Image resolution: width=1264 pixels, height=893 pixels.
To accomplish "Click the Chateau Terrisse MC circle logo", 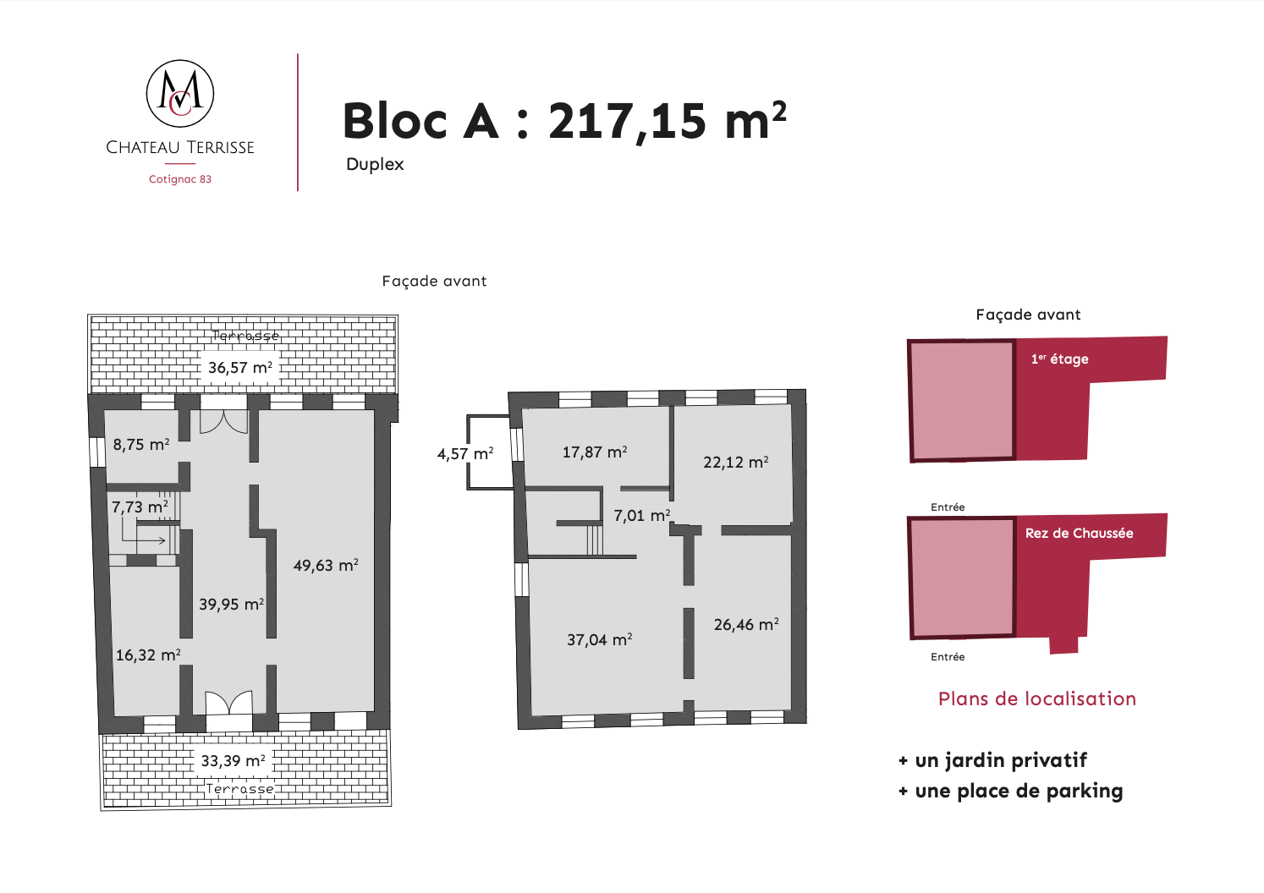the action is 180,93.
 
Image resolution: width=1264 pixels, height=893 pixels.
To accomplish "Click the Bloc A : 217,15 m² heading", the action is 564,121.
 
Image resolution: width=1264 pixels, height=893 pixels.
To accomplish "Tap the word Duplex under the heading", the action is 375,164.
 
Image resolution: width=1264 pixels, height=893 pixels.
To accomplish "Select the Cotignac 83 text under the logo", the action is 180,178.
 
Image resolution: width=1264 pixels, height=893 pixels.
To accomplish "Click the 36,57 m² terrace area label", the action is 240,367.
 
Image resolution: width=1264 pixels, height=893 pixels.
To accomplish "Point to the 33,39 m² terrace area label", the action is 233,760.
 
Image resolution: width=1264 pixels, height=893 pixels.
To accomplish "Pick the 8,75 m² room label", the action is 141,445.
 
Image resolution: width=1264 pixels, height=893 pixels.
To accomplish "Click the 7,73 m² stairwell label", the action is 140,507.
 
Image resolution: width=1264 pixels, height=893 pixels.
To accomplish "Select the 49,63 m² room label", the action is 326,565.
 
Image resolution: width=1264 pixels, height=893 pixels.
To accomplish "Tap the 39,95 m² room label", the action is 231,604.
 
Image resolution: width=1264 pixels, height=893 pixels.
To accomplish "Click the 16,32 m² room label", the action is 148,655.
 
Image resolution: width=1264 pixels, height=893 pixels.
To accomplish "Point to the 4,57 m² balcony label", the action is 465,453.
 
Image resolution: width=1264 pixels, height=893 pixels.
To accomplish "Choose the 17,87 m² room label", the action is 595,452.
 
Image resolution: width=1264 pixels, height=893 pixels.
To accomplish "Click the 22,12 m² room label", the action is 735,462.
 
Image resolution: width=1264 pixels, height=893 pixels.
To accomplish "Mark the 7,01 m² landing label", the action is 641,515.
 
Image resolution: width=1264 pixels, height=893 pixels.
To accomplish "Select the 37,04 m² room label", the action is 599,639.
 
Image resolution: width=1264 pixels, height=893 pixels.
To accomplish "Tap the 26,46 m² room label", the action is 746,624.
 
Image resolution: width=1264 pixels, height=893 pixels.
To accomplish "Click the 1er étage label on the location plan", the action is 1060,359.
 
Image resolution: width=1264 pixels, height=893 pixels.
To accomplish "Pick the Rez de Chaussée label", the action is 1079,533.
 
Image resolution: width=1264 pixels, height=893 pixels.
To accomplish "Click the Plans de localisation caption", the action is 1037,699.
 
